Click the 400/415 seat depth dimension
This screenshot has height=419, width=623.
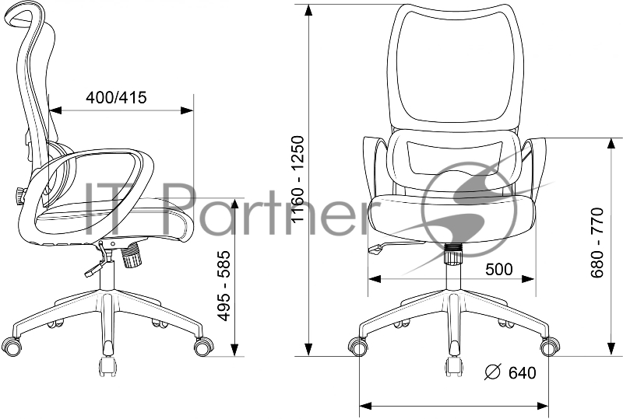click(x=116, y=97)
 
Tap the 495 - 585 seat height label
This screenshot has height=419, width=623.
click(x=224, y=285)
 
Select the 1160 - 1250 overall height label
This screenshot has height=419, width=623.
click(x=297, y=180)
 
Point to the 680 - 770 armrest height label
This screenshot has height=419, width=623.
click(x=597, y=242)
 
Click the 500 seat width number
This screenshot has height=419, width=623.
click(x=499, y=270)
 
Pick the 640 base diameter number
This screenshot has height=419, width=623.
click(x=522, y=372)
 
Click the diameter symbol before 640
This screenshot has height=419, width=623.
click(x=493, y=372)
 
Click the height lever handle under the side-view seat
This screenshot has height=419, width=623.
click(x=91, y=272)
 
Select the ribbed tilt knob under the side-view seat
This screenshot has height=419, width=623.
click(x=131, y=257)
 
